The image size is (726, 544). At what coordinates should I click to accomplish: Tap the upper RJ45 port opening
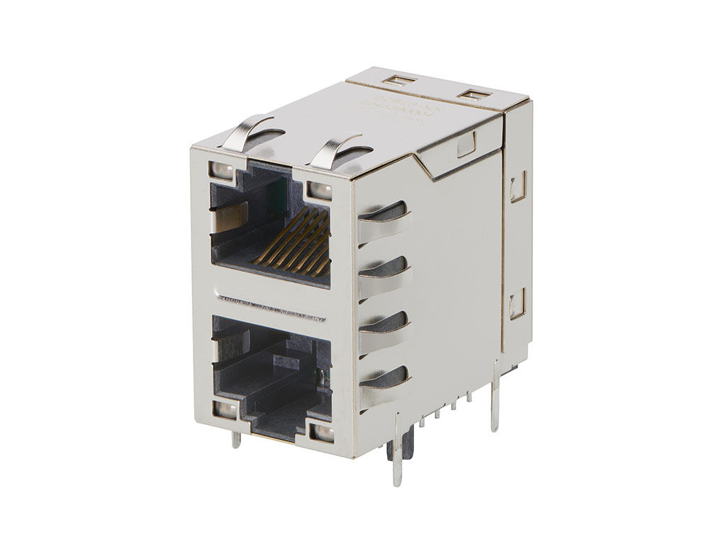click(x=269, y=227)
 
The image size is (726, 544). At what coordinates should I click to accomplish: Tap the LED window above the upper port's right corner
click(x=319, y=190)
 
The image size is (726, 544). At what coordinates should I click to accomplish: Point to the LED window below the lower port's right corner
click(x=322, y=433)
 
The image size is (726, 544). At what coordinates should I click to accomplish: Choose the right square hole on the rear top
click(x=469, y=95)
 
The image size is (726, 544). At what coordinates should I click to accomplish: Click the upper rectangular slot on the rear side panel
click(x=518, y=187)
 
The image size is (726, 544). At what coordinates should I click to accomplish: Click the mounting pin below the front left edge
click(x=236, y=438)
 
